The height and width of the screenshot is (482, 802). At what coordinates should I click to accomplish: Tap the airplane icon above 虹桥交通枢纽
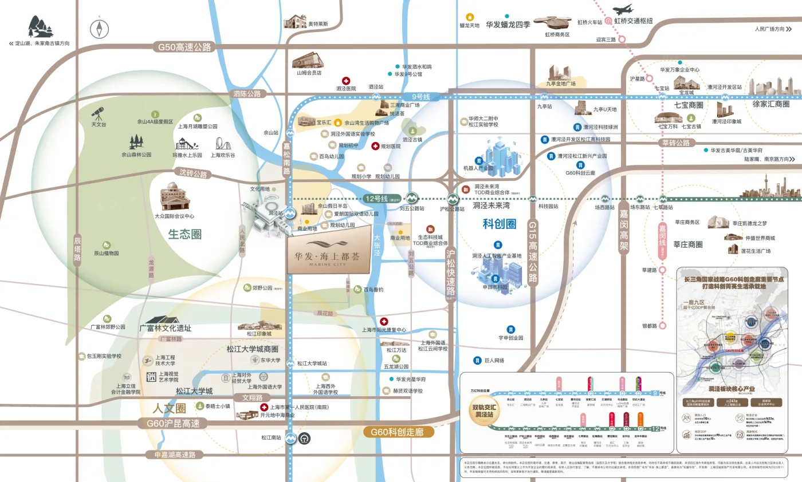[623, 10]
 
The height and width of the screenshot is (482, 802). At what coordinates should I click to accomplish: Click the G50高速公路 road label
[182, 47]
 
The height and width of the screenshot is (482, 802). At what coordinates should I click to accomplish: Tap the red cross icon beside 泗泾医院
[346, 81]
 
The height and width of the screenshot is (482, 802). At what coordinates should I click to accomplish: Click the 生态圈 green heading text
[185, 234]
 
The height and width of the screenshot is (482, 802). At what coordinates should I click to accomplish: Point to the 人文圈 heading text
[170, 409]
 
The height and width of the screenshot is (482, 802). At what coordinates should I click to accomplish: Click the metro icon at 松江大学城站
[290, 363]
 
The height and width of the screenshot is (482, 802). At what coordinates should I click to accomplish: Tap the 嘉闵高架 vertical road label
[624, 230]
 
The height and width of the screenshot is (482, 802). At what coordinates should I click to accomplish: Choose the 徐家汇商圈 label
[770, 105]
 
